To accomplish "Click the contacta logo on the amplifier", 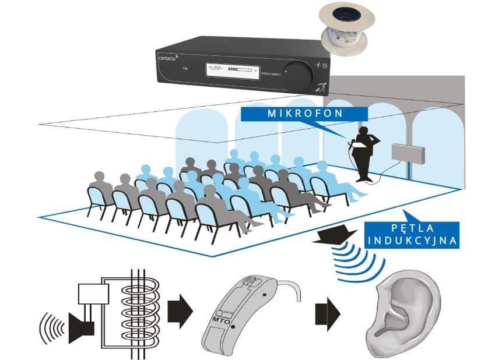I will pos(170,58).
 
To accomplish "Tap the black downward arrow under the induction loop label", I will pos(331,234).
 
